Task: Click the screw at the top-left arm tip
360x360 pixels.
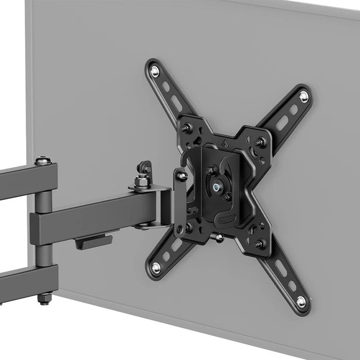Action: pos(155,71)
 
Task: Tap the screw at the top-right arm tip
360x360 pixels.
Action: pos(303,96)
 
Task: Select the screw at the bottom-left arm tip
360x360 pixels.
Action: pos(156,267)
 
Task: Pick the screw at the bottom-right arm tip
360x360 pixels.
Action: pos(301,301)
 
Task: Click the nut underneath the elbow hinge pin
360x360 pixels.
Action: pos(45,297)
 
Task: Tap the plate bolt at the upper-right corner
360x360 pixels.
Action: pos(261,141)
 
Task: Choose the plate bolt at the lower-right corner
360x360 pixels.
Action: pos(260,243)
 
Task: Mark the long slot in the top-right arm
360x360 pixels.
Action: pos(282,122)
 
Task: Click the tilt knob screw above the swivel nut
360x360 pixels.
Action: pos(145,168)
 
